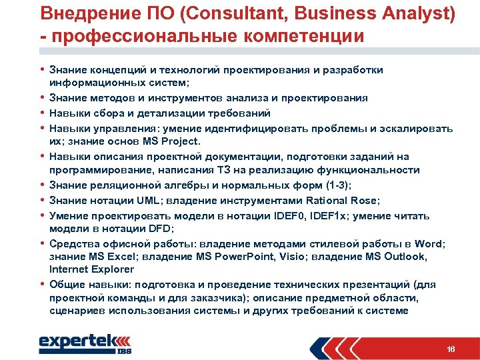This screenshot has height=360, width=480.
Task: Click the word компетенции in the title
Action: tap(297, 35)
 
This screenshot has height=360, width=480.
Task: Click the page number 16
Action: tap(451, 349)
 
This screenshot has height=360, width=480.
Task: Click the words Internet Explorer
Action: tap(91, 269)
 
